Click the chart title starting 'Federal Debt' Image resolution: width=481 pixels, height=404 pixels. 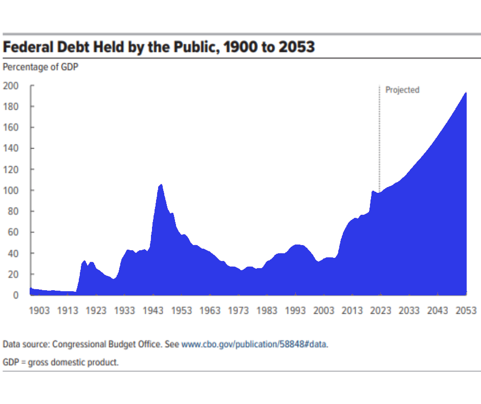[159, 48]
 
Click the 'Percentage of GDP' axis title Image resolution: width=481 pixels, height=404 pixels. [40, 67]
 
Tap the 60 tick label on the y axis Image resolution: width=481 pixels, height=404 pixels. [13, 232]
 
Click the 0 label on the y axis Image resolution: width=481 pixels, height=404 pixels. [16, 295]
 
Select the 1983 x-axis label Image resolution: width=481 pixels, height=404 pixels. [267, 311]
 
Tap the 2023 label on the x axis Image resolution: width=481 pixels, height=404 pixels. [380, 311]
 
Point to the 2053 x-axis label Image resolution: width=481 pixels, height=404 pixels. [466, 311]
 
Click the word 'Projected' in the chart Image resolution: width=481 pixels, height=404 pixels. [402, 90]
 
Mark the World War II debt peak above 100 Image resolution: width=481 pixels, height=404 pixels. [161, 185]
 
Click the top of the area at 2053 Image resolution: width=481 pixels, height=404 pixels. [466, 93]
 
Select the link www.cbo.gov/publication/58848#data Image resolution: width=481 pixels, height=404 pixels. [254, 345]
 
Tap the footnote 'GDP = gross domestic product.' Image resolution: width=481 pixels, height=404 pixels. [61, 362]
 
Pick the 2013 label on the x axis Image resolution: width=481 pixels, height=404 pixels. [352, 311]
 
